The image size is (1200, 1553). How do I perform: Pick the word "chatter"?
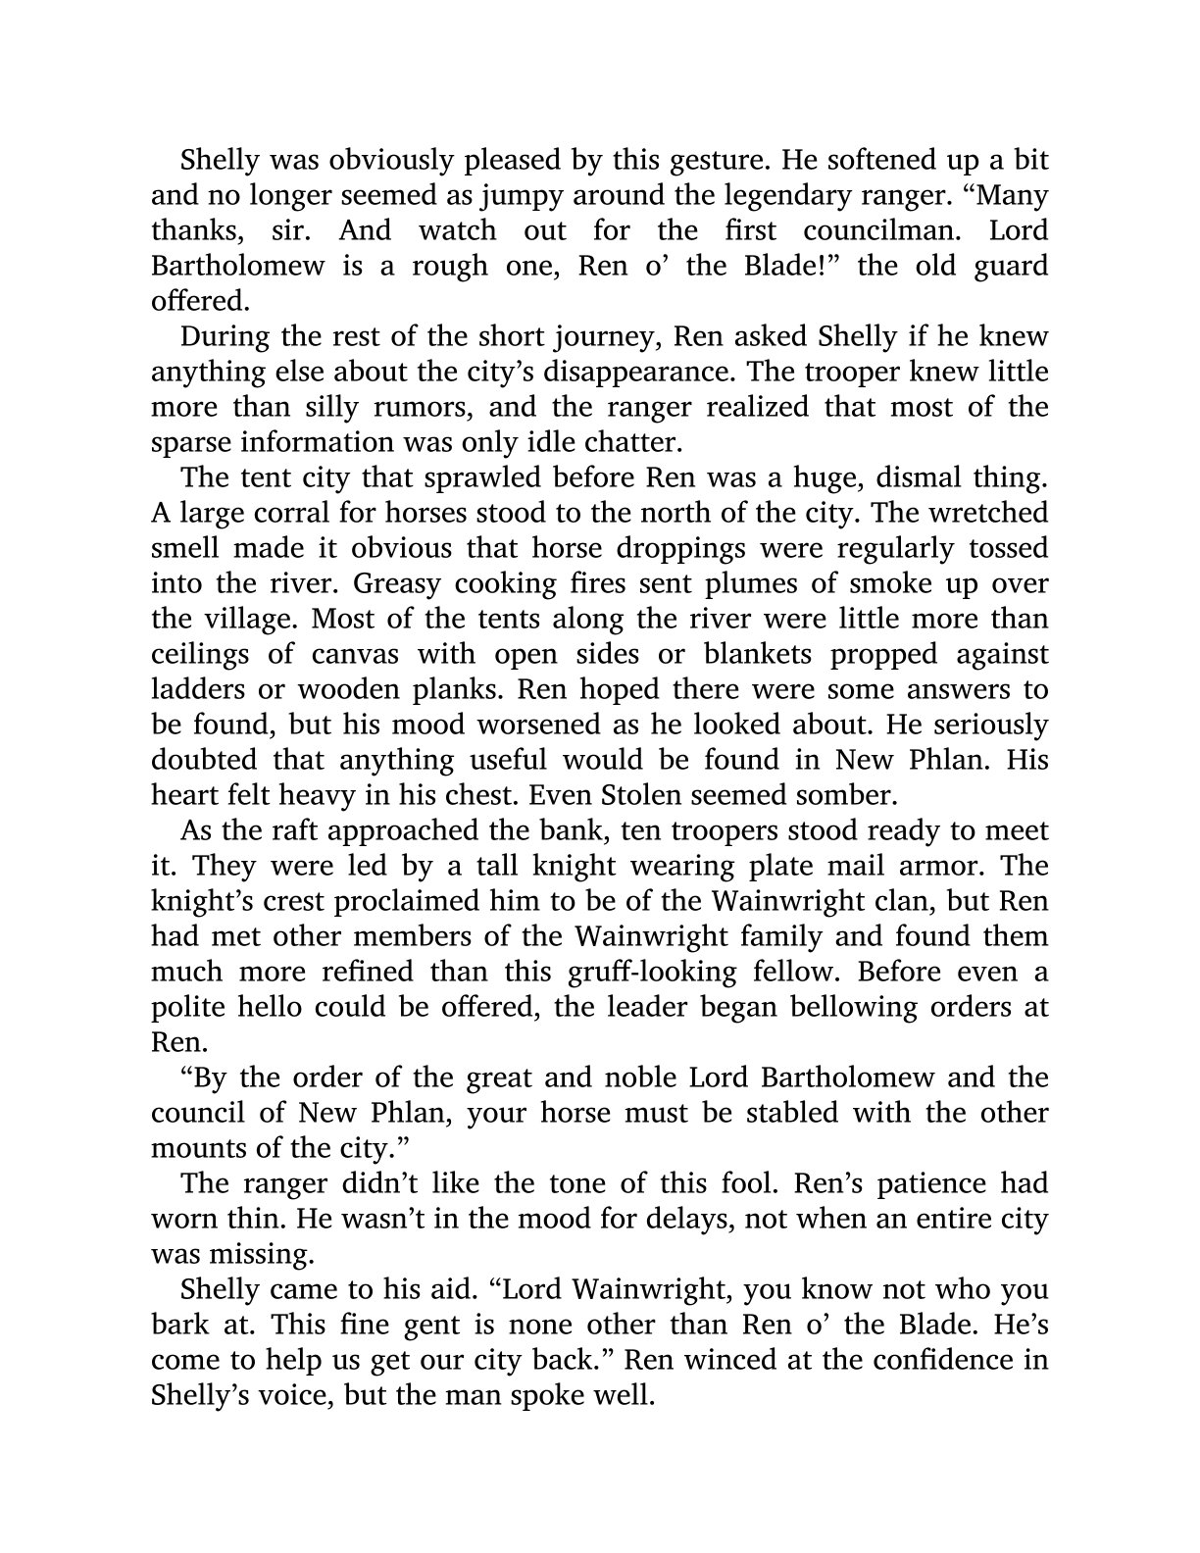click(626, 442)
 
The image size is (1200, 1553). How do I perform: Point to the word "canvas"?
click(343, 654)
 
